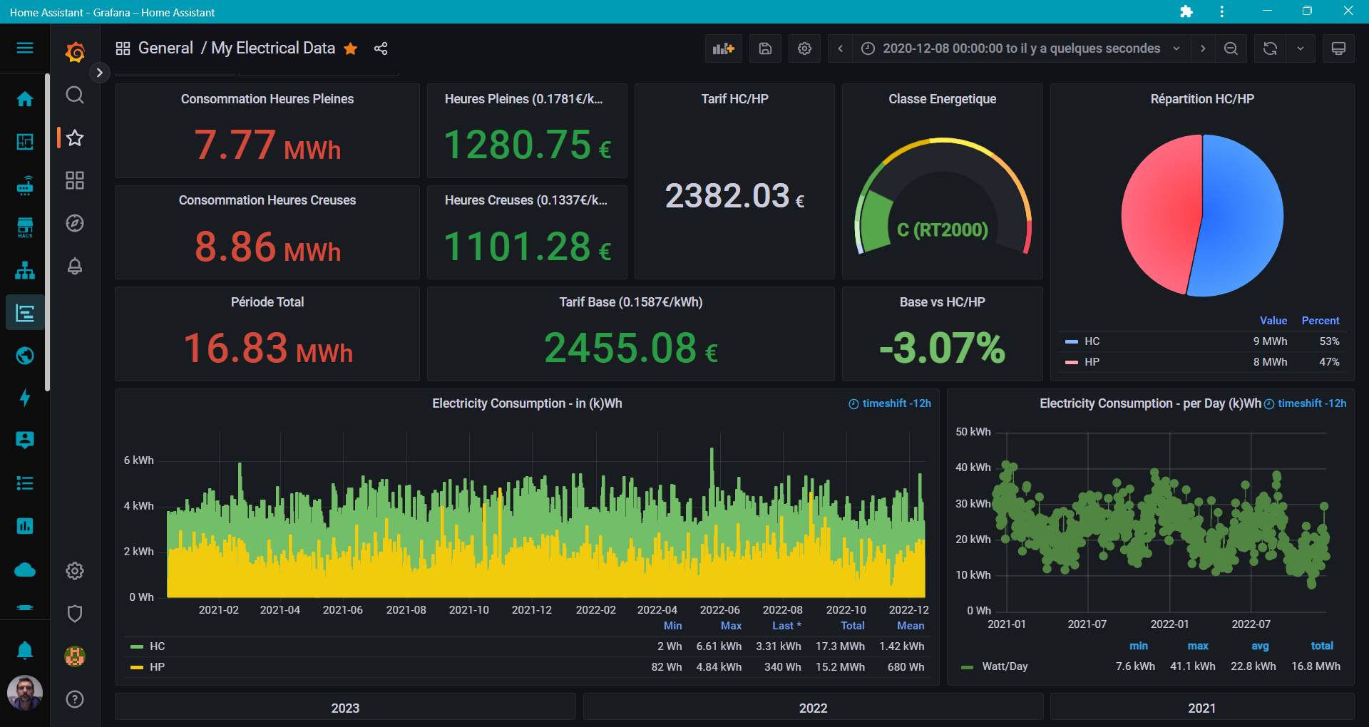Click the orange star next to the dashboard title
[x=350, y=48]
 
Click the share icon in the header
[x=381, y=48]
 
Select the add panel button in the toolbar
[x=723, y=48]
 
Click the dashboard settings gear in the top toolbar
[x=804, y=48]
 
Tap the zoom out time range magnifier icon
[x=1231, y=48]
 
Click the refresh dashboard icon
[x=1270, y=48]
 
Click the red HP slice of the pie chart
[x=1159, y=214]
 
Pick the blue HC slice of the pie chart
[x=1244, y=214]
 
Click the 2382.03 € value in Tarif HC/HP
[x=734, y=196]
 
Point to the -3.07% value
[x=942, y=348]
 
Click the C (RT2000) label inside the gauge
[x=942, y=230]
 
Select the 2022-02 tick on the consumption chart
[x=595, y=610]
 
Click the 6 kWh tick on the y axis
[x=138, y=460]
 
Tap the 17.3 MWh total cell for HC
[x=840, y=646]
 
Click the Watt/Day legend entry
[x=1004, y=666]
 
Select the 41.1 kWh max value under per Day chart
[x=1192, y=666]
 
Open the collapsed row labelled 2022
[x=813, y=708]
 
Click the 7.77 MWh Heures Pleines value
[x=267, y=145]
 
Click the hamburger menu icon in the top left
[x=25, y=48]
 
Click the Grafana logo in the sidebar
[x=75, y=52]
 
